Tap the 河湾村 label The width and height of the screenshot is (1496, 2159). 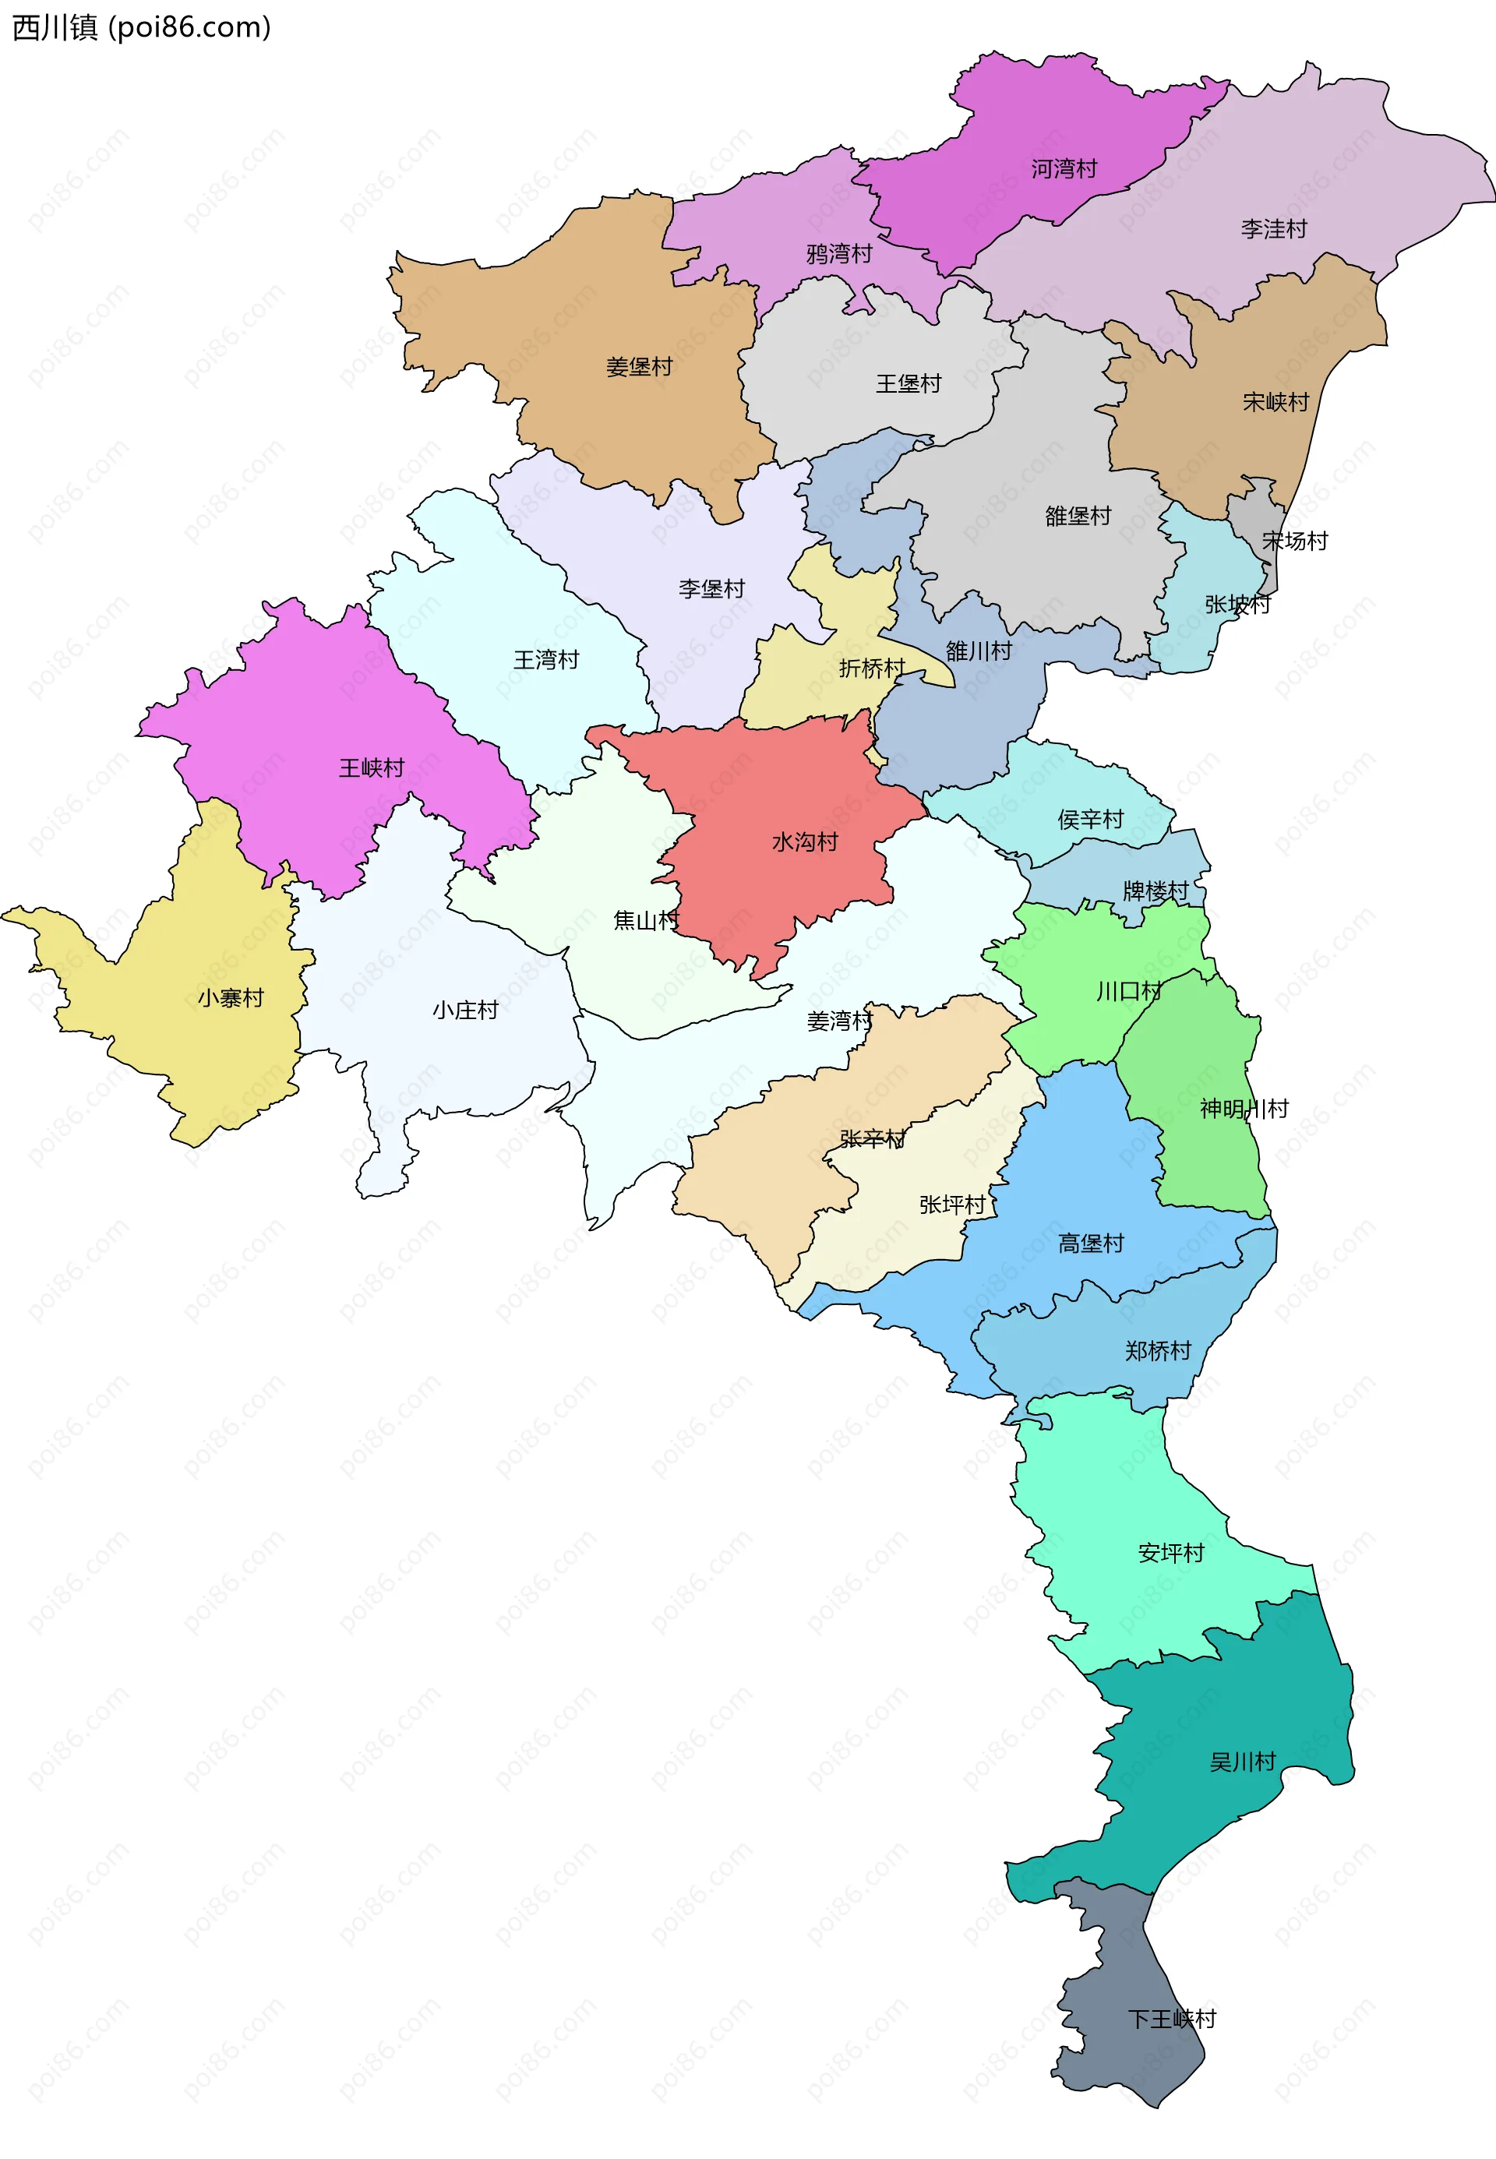point(1064,168)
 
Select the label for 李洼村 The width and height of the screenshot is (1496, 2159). point(1273,228)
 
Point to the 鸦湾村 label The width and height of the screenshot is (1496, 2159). point(839,254)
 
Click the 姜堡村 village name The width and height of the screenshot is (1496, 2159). point(639,367)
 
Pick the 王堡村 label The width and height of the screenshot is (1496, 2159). point(909,384)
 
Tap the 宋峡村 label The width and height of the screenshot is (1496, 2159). point(1275,403)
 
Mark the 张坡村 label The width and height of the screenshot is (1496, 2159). point(1237,605)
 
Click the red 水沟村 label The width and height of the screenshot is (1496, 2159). point(804,842)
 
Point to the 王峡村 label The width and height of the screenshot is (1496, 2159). point(371,768)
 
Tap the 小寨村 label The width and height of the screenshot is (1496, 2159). point(231,998)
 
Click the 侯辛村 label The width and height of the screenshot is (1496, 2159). point(1090,820)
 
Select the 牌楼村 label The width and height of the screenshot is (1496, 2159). point(1155,891)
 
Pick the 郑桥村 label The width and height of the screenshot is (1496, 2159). point(1158,1351)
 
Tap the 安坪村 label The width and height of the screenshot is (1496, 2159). point(1171,1554)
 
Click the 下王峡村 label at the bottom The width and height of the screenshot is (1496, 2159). point(1172,2020)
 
